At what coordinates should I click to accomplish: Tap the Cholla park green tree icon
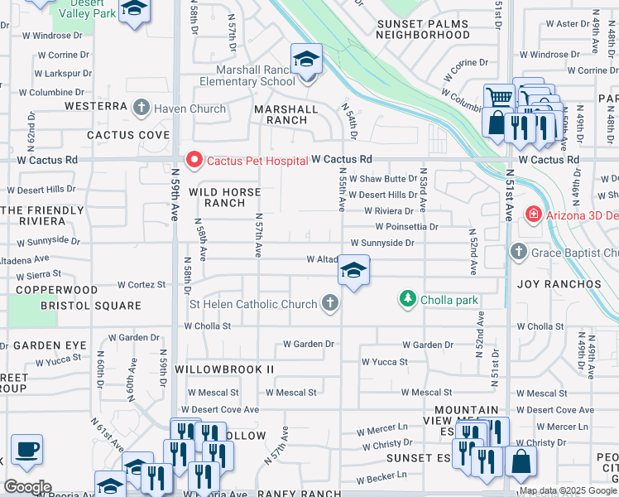tap(407, 298)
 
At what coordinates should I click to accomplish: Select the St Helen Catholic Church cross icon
tap(330, 303)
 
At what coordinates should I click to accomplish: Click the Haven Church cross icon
tap(142, 108)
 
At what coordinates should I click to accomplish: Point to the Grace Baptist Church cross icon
tap(519, 252)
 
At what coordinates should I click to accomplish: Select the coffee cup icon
tap(26, 450)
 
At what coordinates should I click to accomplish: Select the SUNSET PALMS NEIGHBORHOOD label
tap(423, 30)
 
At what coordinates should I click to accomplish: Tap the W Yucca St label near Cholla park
tap(385, 362)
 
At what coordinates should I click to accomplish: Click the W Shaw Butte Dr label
tap(382, 179)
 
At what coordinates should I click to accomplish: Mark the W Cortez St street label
tap(141, 284)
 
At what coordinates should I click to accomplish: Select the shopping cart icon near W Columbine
tap(500, 98)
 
